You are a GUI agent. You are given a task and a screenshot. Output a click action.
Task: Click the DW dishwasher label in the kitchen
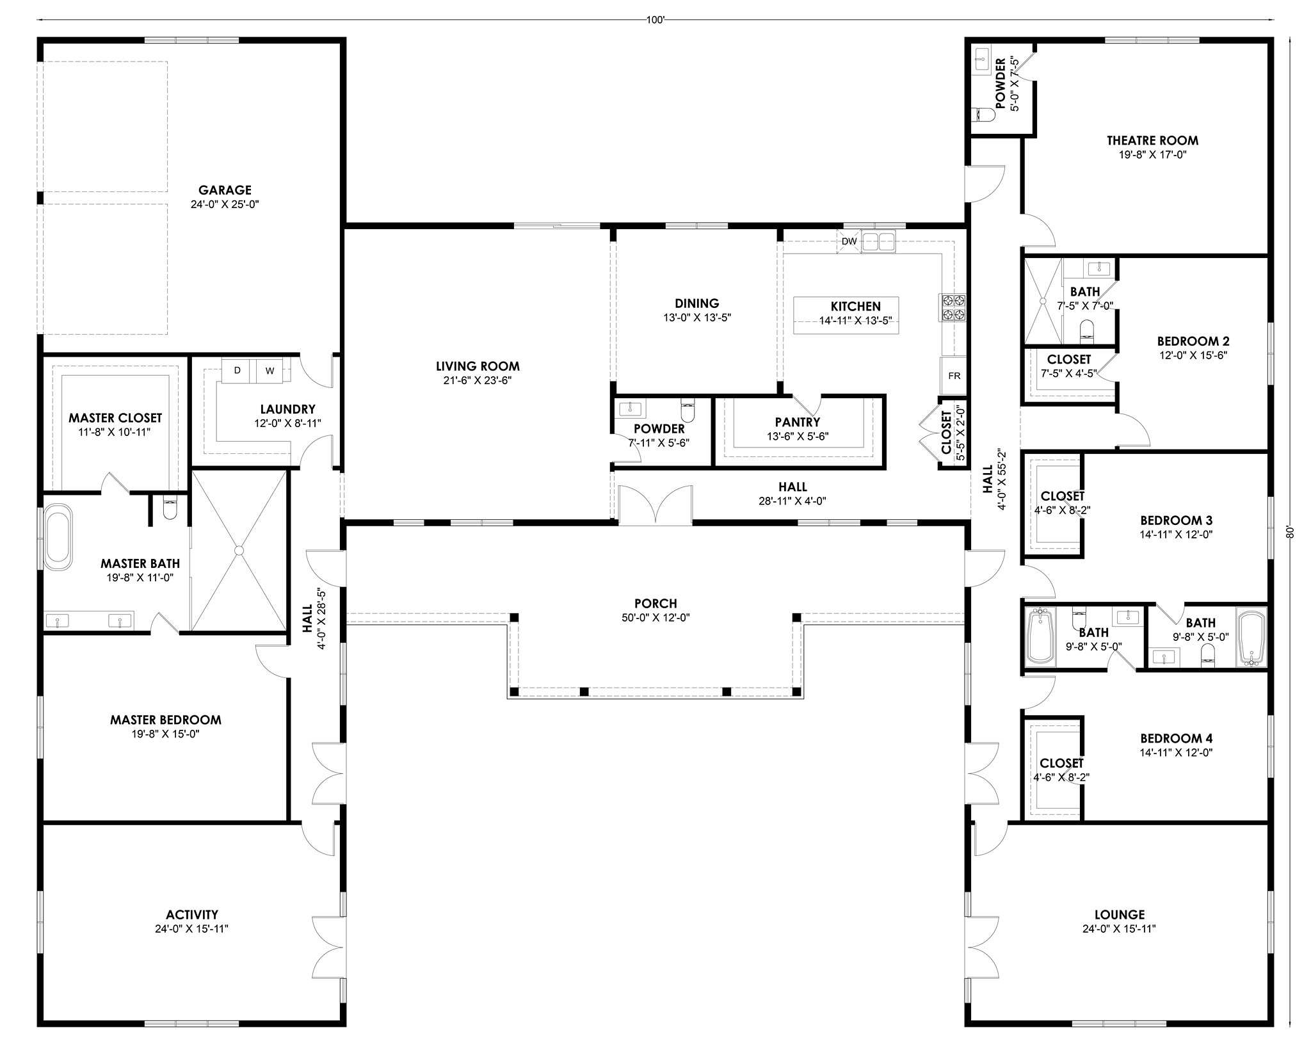coord(849,241)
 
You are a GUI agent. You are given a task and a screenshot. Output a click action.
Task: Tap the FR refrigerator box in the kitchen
coord(954,376)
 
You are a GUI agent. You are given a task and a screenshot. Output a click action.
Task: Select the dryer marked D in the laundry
coord(237,371)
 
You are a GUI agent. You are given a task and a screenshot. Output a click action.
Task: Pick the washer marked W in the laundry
coord(269,371)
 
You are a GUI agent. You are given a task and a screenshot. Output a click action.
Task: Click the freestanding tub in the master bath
coord(58,537)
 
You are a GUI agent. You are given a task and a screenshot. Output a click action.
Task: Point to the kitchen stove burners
coord(953,307)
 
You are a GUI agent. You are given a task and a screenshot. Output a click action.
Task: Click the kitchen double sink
coord(879,242)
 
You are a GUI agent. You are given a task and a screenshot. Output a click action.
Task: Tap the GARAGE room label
coord(225,190)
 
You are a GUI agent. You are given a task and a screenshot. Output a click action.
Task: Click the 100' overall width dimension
coord(655,20)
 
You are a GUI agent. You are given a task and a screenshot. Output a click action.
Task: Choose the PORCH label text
coord(655,603)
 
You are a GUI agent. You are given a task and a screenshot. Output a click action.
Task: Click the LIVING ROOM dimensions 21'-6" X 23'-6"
coord(478,380)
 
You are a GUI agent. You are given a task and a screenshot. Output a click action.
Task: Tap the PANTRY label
coord(798,422)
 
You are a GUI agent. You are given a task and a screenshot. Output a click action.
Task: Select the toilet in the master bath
coord(170,509)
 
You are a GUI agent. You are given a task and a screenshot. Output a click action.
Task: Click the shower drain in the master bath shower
coord(239,550)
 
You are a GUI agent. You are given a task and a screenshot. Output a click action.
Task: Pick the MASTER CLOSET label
coord(115,417)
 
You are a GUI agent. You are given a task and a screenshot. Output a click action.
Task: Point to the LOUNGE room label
coord(1120,915)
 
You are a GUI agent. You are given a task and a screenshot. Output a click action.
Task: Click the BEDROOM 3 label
coord(1176,520)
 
